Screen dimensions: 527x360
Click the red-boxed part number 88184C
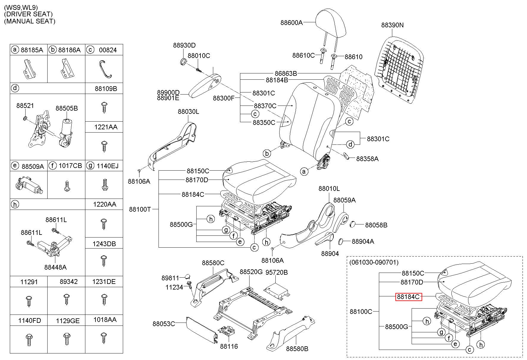tap(408, 296)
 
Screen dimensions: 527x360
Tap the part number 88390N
tap(392, 25)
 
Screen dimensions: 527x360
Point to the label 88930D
tap(184, 45)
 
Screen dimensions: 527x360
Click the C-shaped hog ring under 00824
tap(105, 69)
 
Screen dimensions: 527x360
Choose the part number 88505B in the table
tap(67, 109)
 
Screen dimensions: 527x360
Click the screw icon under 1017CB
tap(66, 187)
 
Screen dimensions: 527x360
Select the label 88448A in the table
tap(55, 267)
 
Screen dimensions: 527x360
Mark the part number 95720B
tap(277, 272)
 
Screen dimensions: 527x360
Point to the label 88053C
tap(164, 323)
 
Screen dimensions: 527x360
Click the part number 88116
tap(229, 346)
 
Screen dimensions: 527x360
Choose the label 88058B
tap(376, 225)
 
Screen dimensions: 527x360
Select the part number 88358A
tap(367, 159)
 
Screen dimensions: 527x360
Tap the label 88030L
tap(189, 111)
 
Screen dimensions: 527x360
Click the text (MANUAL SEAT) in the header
tap(30, 21)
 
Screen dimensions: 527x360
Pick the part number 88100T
tap(140, 209)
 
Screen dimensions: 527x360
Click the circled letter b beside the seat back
tap(267, 153)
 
